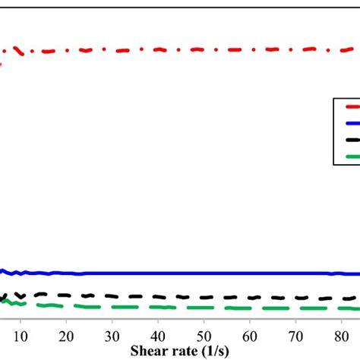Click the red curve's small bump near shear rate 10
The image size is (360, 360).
tap(16, 49)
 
